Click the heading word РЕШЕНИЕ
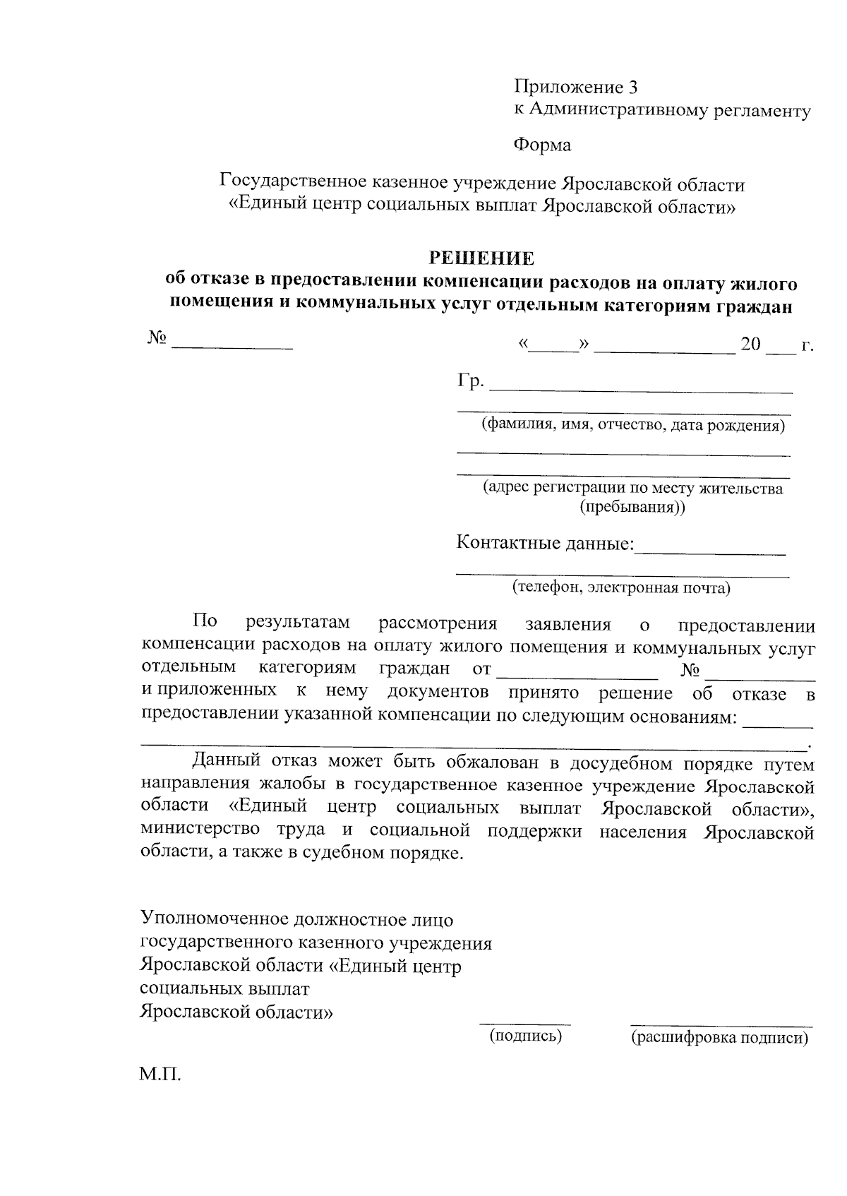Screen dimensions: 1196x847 click(483, 258)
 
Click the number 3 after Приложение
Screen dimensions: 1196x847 click(632, 87)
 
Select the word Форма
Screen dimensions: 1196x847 click(541, 145)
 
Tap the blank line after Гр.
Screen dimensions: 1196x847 click(641, 387)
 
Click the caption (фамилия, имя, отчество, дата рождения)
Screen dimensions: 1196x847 click(633, 426)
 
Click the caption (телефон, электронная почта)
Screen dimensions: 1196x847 click(621, 587)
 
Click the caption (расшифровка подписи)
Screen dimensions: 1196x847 click(719, 1037)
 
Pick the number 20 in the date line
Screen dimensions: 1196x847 click(750, 345)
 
